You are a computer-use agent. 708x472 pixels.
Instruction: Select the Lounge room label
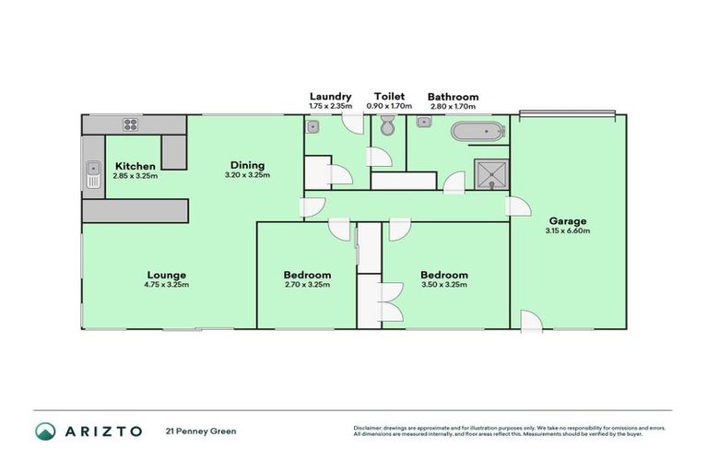(x=166, y=275)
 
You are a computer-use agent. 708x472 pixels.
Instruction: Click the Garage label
(x=567, y=220)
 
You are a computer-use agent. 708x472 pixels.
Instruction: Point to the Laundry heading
(x=329, y=96)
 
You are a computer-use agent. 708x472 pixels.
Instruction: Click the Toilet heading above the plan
(x=388, y=96)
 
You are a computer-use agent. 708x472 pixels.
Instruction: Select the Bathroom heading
(x=453, y=96)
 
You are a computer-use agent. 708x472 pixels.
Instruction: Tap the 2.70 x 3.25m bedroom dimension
(x=307, y=285)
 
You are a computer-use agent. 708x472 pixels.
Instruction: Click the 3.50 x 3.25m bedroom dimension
(x=443, y=285)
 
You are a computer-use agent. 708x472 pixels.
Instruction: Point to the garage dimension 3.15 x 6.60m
(x=567, y=230)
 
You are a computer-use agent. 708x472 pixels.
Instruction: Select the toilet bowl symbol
(x=387, y=129)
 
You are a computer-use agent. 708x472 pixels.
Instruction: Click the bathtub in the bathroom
(x=478, y=132)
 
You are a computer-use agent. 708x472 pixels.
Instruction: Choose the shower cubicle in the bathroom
(x=491, y=172)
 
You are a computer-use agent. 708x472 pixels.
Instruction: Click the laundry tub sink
(x=313, y=128)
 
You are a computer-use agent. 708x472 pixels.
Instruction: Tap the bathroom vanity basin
(x=424, y=122)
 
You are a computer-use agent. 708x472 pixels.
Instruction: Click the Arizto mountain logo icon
(x=45, y=431)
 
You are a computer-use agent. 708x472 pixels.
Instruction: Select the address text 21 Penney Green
(x=195, y=431)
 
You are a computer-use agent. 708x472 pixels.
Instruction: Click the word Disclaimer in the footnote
(x=369, y=429)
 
